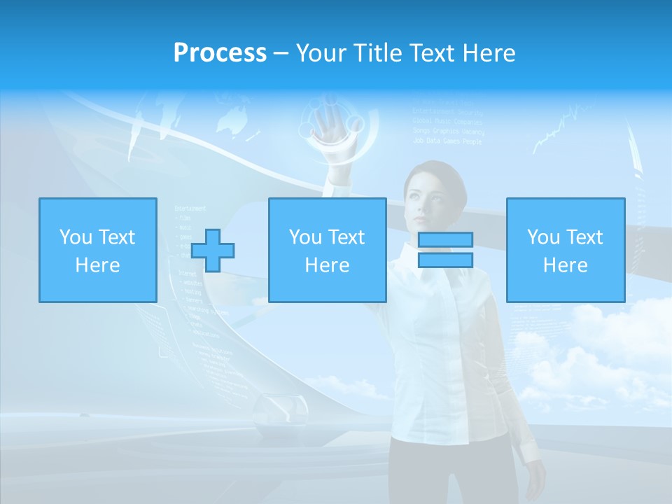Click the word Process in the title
tap(220, 52)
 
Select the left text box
tap(97, 250)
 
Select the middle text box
tap(327, 250)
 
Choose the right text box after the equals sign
tap(565, 250)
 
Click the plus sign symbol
tap(213, 251)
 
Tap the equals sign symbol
tap(445, 250)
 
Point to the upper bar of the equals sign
tap(445, 240)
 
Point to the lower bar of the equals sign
tap(445, 260)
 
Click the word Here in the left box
tap(97, 265)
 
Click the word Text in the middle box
tap(346, 237)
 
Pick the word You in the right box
tap(543, 237)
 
